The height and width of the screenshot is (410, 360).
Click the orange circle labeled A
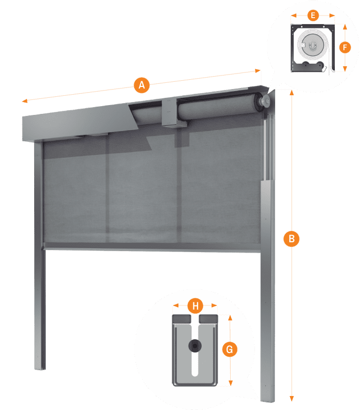141,84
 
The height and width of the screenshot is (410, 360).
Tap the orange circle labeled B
292,239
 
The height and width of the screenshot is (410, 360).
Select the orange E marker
312,15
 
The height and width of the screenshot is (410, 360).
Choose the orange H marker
195,305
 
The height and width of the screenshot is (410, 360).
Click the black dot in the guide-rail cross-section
195,345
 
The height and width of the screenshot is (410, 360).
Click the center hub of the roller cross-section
311,47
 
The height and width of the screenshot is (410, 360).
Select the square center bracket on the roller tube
170,112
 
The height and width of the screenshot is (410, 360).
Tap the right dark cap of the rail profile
208,318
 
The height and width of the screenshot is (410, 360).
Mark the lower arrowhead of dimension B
292,399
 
